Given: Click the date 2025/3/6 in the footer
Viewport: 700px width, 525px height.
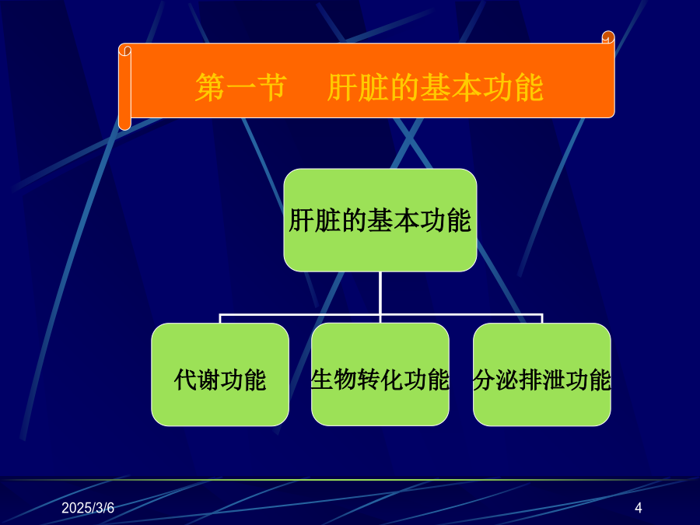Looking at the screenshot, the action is pyautogui.click(x=88, y=508).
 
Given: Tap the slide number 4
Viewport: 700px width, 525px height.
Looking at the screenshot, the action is pyautogui.click(x=639, y=508).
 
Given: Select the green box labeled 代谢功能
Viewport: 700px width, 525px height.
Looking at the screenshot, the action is pyautogui.click(x=220, y=375).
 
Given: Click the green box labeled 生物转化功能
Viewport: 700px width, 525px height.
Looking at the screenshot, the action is pyautogui.click(x=380, y=375).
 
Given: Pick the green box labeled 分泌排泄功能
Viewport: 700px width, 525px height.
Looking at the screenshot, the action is pyautogui.click(x=542, y=375).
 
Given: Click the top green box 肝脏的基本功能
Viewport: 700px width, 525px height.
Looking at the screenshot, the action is pyautogui.click(x=380, y=220).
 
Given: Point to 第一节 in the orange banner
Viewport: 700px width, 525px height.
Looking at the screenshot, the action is pyautogui.click(x=241, y=87).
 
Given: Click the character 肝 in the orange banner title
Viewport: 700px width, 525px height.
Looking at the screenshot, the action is pyautogui.click(x=342, y=87).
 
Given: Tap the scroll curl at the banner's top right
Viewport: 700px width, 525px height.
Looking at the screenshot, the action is pyautogui.click(x=608, y=37).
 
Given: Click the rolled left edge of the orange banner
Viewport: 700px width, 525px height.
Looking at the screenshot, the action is pyautogui.click(x=124, y=87).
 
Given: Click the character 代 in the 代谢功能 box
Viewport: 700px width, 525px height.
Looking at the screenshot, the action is pyautogui.click(x=185, y=380).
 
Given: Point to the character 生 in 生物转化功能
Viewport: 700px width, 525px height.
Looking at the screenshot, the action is pyautogui.click(x=322, y=380).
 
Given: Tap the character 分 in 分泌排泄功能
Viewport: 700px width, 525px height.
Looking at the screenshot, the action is pyautogui.click(x=484, y=380).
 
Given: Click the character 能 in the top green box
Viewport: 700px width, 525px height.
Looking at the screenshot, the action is pyautogui.click(x=459, y=220).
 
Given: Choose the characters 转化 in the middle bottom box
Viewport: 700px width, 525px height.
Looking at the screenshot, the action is pyautogui.click(x=380, y=380).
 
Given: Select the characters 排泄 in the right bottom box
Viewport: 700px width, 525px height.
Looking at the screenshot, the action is pyautogui.click(x=542, y=380).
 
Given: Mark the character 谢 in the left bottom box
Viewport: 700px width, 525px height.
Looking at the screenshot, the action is pyautogui.click(x=208, y=380).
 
